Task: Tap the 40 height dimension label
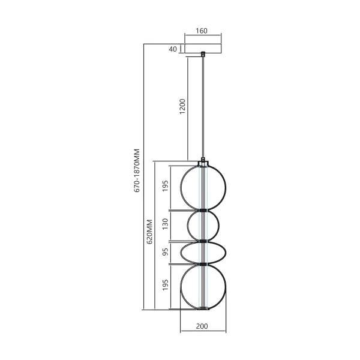pyautogui.click(x=173, y=49)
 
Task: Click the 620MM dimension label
pyautogui.click(x=149, y=230)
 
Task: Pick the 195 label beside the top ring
pyautogui.click(x=166, y=187)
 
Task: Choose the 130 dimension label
pyautogui.click(x=166, y=225)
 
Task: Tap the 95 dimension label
pyautogui.click(x=166, y=253)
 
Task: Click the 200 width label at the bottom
pyautogui.click(x=203, y=327)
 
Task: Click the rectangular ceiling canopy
pyautogui.click(x=203, y=49)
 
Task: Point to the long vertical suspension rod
pyautogui.click(x=203, y=108)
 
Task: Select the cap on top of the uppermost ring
pyautogui.click(x=204, y=163)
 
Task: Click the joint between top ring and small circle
pyautogui.click(x=204, y=210)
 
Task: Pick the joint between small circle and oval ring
pyautogui.click(x=204, y=241)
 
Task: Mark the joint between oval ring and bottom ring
pyautogui.click(x=204, y=264)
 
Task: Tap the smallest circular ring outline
pyautogui.click(x=187, y=225)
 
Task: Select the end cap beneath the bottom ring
pyautogui.click(x=204, y=310)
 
